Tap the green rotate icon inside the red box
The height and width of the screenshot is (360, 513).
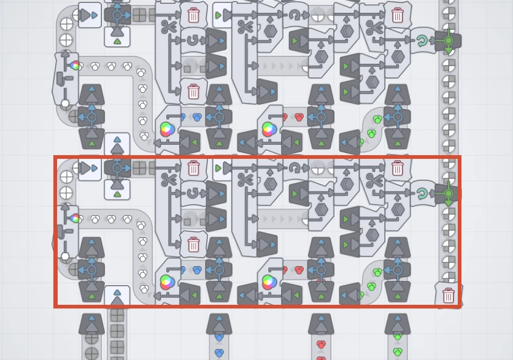(422, 194)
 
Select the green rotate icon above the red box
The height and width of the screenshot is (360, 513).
(422, 41)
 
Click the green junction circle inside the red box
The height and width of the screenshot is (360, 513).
(449, 193)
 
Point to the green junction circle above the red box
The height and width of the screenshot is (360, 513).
(449, 40)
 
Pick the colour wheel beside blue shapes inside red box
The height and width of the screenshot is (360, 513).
(166, 282)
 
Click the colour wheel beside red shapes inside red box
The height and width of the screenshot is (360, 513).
(268, 282)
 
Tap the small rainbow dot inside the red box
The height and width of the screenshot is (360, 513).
(75, 218)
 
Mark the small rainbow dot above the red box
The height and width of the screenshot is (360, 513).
(75, 65)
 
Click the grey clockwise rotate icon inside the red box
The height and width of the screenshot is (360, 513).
(295, 168)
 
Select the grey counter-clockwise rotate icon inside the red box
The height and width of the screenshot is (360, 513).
(193, 194)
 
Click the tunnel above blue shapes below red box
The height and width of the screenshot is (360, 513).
(219, 323)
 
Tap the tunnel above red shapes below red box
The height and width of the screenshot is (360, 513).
(321, 323)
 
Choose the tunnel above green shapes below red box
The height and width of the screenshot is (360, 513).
(398, 323)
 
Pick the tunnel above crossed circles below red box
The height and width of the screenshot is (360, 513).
(91, 323)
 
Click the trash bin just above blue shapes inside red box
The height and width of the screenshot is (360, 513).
(193, 245)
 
